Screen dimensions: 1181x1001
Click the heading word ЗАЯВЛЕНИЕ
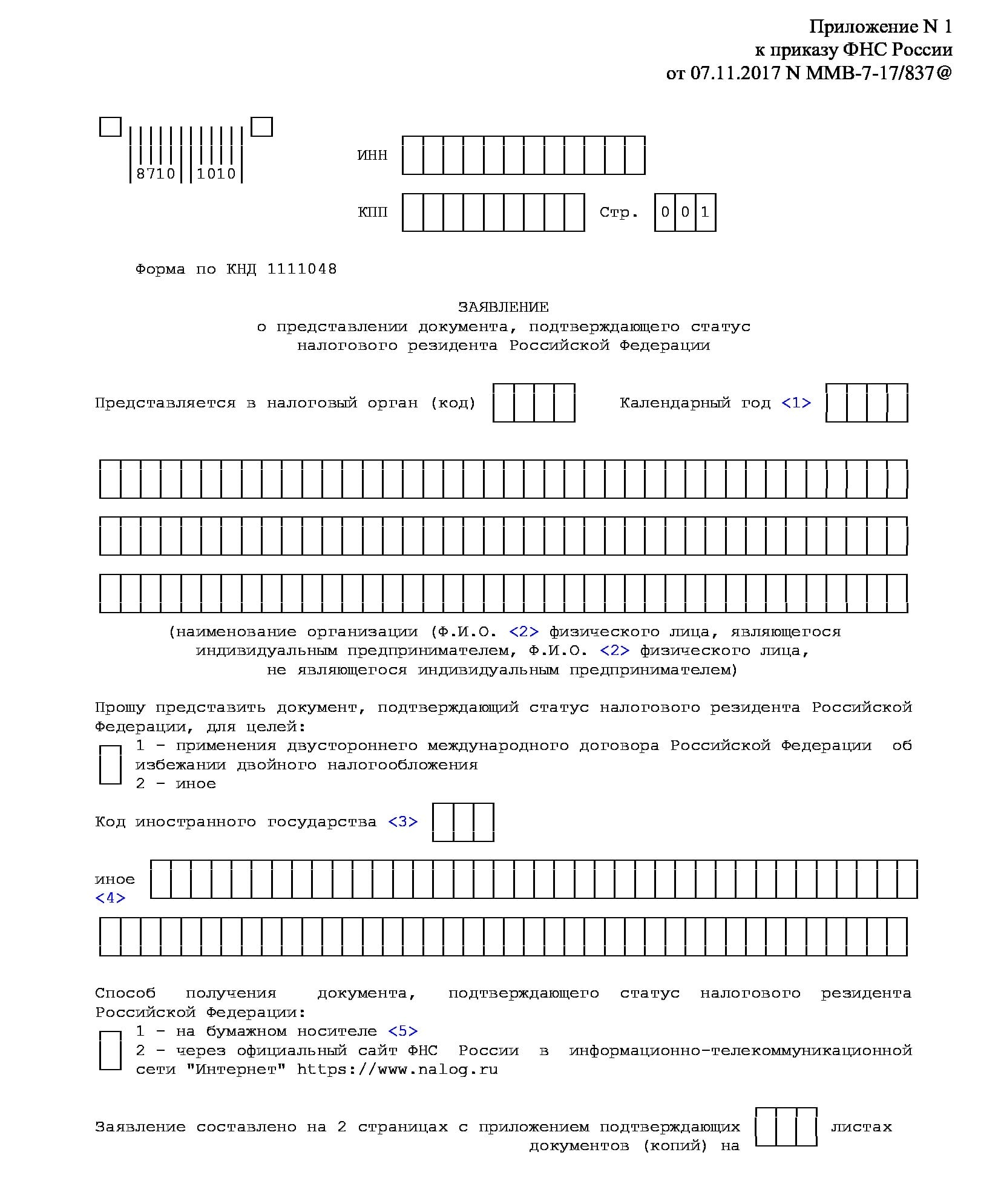503,307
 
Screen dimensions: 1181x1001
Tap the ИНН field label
372,156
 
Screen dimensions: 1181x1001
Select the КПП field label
372,212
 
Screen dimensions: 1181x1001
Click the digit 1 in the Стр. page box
705,212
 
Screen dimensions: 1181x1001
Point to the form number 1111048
301,269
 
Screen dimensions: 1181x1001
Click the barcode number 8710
156,174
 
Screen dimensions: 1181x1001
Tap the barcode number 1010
216,174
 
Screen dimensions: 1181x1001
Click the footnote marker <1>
796,403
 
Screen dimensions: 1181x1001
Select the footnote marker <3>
402,821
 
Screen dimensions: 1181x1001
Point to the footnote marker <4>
110,898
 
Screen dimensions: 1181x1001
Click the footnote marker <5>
402,1031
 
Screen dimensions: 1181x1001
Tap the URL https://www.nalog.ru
397,1069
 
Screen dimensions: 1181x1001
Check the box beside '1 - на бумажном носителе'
110,1050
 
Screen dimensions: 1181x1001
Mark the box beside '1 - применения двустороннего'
110,765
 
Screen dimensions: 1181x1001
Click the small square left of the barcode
110,127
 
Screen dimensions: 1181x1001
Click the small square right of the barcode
261,127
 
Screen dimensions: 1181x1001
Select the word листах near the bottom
861,1127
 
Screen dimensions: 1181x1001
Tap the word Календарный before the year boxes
675,403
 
